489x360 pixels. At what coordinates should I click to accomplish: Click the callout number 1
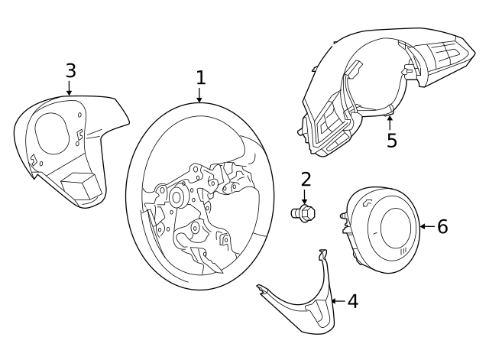click(x=200, y=77)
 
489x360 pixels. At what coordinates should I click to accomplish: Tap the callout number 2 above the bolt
click(x=306, y=179)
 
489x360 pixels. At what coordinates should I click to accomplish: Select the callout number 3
click(x=70, y=70)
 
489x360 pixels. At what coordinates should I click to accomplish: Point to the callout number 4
click(x=352, y=301)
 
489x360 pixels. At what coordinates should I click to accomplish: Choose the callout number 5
click(x=392, y=141)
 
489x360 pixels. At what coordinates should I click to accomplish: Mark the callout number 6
click(x=442, y=226)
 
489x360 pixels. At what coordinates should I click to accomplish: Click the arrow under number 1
click(x=200, y=96)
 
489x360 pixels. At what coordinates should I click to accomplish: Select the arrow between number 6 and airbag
click(x=426, y=226)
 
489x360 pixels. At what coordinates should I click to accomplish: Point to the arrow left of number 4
click(x=335, y=301)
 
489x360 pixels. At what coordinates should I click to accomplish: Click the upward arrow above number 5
click(x=390, y=121)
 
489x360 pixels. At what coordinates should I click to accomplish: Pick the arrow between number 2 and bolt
click(x=305, y=197)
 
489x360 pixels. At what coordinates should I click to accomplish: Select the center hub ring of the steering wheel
click(x=177, y=196)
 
